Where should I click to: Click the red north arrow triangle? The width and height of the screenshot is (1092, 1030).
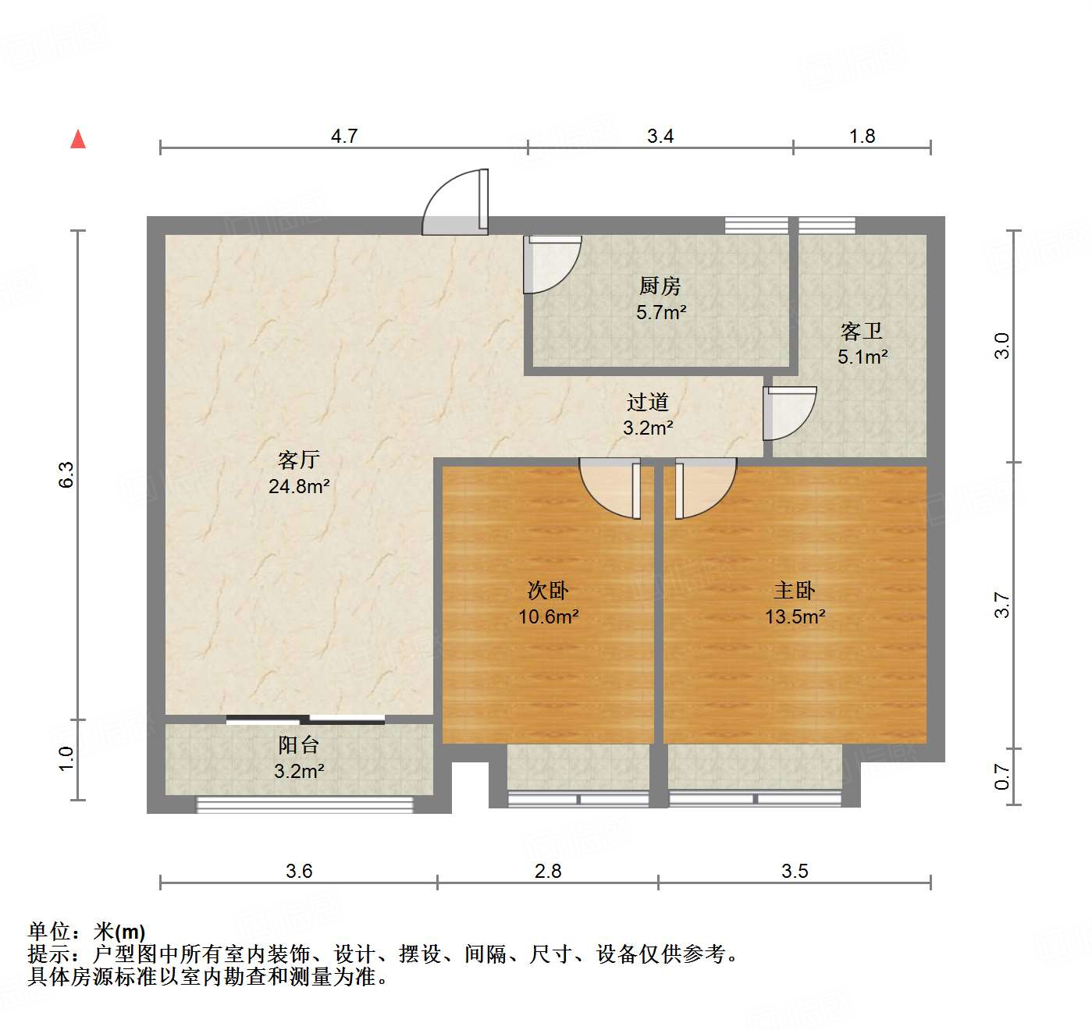[x=78, y=139]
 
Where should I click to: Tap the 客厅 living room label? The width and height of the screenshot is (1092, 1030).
[x=298, y=459]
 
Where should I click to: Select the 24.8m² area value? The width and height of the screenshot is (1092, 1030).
[x=298, y=486]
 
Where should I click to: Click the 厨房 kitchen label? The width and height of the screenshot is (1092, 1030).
[x=660, y=286]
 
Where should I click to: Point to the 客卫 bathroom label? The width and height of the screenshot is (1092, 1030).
[x=862, y=331]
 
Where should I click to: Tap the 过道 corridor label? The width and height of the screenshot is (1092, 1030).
[x=648, y=402]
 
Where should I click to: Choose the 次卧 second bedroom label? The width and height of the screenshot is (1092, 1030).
[x=548, y=590]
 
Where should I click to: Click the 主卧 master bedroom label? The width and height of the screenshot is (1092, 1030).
[x=795, y=590]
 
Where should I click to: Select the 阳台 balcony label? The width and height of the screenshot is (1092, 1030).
[x=298, y=744]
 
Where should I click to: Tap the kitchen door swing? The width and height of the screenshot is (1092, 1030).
[x=550, y=263]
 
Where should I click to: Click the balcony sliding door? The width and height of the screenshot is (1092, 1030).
[x=305, y=719]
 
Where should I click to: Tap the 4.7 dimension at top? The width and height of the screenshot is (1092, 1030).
[x=343, y=136]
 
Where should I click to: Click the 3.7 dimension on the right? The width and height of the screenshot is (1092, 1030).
[x=1002, y=605]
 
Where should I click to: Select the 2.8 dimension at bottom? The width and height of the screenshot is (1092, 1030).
[x=548, y=871]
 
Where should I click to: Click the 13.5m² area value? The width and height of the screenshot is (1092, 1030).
[x=795, y=616]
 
